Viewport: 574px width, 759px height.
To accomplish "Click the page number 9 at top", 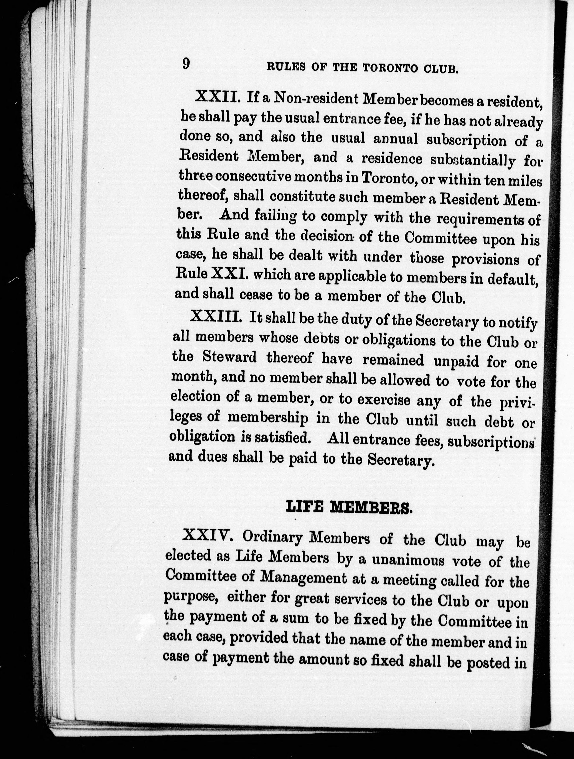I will (x=186, y=64).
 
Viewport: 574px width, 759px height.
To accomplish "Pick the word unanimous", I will (x=409, y=561).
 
